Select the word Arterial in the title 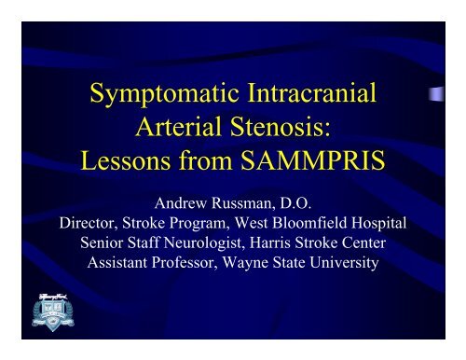179,131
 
